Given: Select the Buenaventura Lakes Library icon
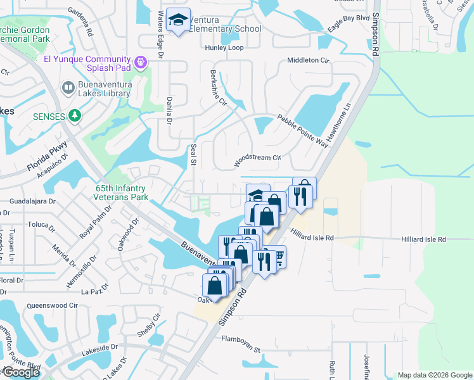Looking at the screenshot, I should pyautogui.click(x=68, y=87).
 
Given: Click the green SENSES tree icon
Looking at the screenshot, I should pyautogui.click(x=75, y=116).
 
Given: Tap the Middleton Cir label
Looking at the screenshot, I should pyautogui.click(x=309, y=60).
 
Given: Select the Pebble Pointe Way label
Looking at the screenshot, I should pyautogui.click(x=302, y=130).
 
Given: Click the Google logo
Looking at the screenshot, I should pyautogui.click(x=21, y=372).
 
